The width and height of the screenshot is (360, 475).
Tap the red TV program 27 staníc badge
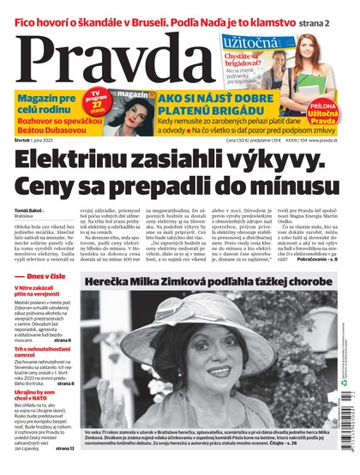click(x=99, y=100)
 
